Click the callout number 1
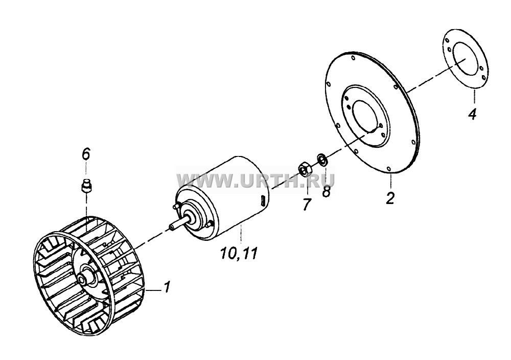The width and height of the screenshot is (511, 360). [166, 287]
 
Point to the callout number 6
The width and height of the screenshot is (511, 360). [85, 154]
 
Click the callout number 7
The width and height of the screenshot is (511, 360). [306, 204]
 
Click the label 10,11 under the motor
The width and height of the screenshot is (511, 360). [239, 253]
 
